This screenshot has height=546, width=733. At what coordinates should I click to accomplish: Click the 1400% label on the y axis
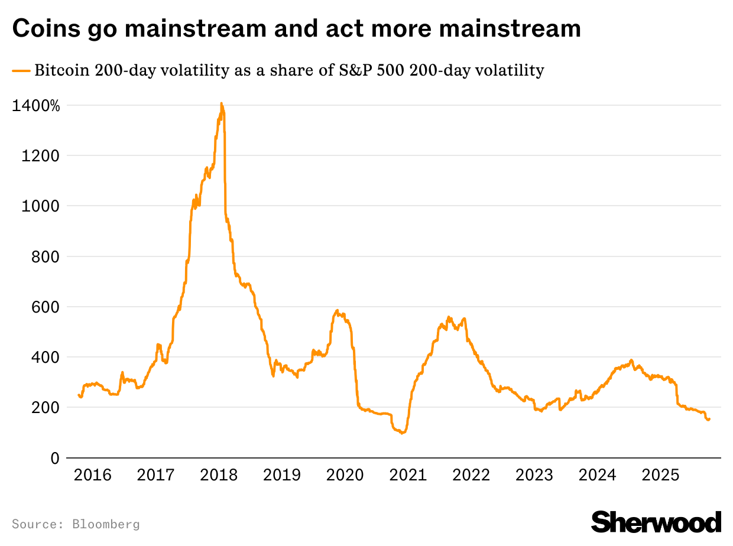point(36,106)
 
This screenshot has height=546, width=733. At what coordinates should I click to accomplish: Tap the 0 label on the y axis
point(55,458)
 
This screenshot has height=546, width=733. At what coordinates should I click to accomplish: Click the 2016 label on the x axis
point(92,474)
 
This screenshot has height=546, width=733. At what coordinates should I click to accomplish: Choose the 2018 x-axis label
point(218,474)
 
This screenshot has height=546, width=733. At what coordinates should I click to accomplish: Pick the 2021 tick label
point(407,474)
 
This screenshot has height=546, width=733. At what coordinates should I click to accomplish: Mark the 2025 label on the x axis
point(659,474)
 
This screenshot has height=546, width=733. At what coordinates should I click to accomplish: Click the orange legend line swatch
point(21,71)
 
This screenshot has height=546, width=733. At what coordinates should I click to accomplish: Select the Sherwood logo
point(656,522)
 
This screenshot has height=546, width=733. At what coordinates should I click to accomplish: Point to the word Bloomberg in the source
point(106,524)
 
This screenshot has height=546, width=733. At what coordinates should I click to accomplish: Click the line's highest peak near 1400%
point(222,103)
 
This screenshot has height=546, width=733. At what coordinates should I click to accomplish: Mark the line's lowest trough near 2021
point(402,433)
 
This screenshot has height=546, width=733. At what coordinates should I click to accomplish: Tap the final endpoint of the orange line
point(709,418)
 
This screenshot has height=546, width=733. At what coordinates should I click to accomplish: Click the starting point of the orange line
point(79,395)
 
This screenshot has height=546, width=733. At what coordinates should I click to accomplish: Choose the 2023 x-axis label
point(533,474)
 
